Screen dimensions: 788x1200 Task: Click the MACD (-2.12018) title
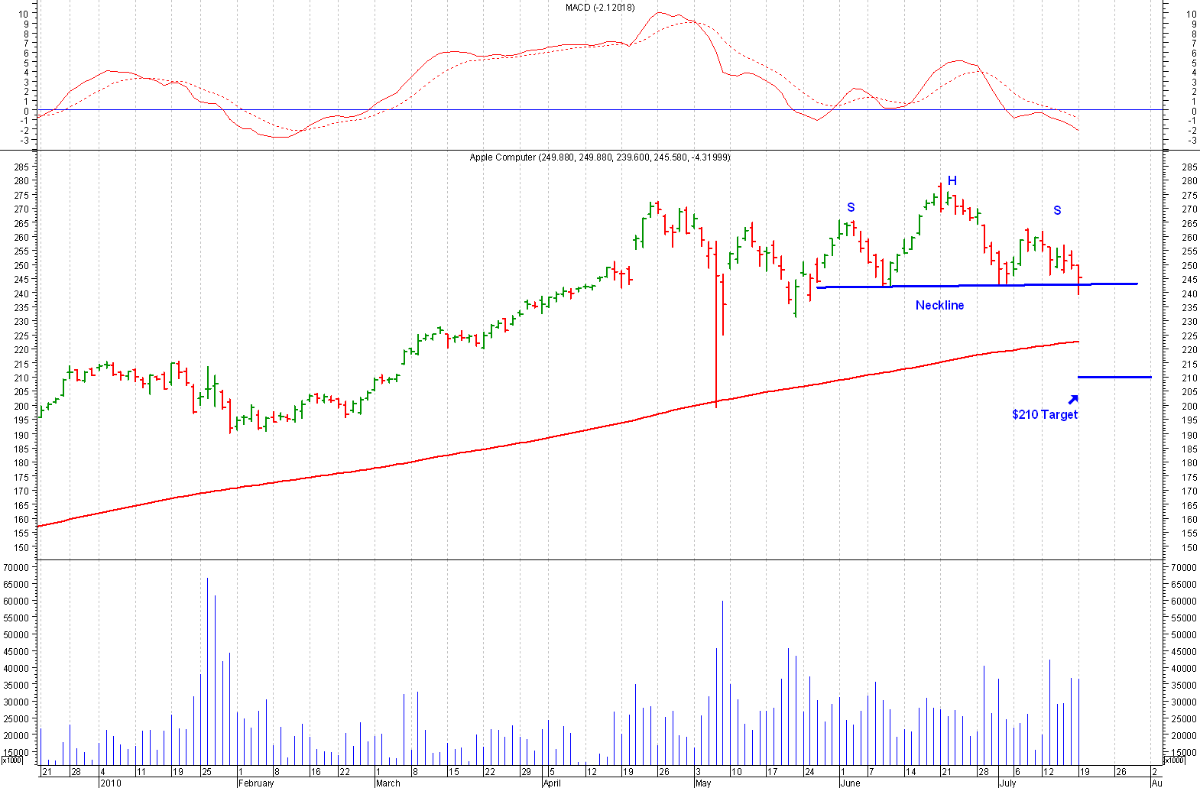coord(600,8)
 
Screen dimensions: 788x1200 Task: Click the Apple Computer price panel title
coord(600,157)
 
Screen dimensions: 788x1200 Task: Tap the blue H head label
coord(952,181)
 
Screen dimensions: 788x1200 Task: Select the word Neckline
coord(939,305)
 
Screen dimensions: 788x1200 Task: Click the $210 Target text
coord(1044,414)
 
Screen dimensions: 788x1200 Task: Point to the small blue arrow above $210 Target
coord(1073,399)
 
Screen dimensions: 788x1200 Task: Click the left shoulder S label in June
coord(851,208)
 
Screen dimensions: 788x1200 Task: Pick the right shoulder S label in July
coord(1057,210)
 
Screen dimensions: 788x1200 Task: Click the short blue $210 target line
coord(1114,377)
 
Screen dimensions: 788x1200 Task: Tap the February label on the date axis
coord(256,783)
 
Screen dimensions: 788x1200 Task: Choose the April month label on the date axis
coord(552,783)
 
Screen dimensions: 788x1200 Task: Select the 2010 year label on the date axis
coord(111,783)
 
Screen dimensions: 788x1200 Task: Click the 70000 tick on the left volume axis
coord(16,567)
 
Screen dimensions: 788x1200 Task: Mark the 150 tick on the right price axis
coord(1189,547)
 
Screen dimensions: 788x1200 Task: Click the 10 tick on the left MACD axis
coord(24,14)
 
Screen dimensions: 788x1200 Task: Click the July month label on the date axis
coord(1007,783)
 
